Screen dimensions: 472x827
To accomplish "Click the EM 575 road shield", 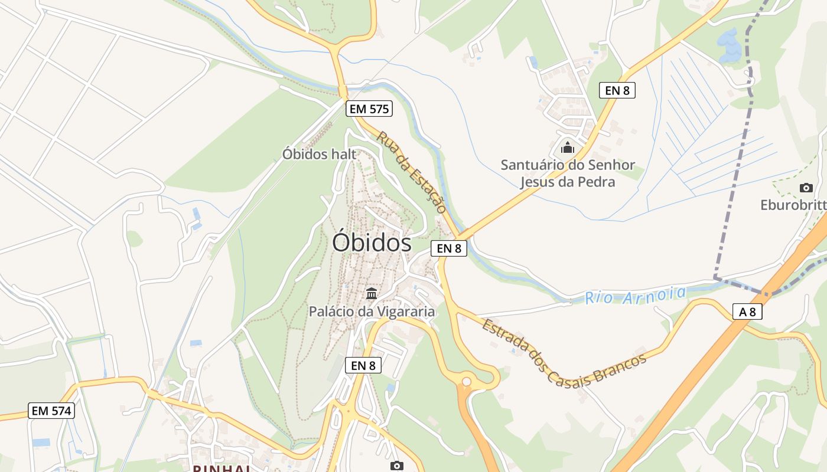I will (x=370, y=109).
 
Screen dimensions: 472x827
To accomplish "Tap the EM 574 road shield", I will (x=52, y=411).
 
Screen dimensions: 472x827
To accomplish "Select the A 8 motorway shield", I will (x=747, y=312).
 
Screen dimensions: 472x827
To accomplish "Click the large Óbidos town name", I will (x=372, y=242).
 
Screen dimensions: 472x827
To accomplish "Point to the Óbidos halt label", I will (x=319, y=154).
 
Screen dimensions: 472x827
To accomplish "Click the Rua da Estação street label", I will (x=411, y=172).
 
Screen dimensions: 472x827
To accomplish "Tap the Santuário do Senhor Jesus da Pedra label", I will (x=567, y=173).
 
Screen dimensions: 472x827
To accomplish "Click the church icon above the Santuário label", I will (x=568, y=147).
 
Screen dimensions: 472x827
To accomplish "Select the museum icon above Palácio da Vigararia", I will (x=372, y=293).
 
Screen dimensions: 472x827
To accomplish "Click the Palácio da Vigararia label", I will (x=372, y=311).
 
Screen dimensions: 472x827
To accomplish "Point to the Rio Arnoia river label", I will (x=636, y=295).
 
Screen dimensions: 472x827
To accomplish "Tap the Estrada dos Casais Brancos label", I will (x=564, y=353).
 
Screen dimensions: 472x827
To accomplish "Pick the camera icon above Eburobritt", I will (x=806, y=188).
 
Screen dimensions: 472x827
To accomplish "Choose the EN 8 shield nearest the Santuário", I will (x=617, y=90).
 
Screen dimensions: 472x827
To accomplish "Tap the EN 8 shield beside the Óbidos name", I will (x=449, y=248).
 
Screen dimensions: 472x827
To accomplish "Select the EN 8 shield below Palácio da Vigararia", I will (x=363, y=365).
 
